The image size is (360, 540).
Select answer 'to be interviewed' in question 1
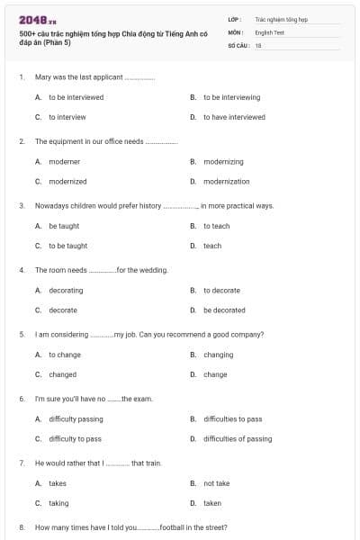tap(76, 97)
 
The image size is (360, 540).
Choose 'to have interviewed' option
tap(234, 117)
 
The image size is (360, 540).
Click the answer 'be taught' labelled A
tap(64, 226)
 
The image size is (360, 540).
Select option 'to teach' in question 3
tap(216, 226)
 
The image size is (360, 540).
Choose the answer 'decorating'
tap(66, 291)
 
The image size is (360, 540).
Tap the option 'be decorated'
tap(224, 310)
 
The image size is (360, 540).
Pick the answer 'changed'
tap(63, 374)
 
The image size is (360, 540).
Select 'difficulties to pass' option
tap(232, 419)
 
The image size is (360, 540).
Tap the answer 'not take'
tap(216, 483)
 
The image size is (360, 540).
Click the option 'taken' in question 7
tap(212, 503)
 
